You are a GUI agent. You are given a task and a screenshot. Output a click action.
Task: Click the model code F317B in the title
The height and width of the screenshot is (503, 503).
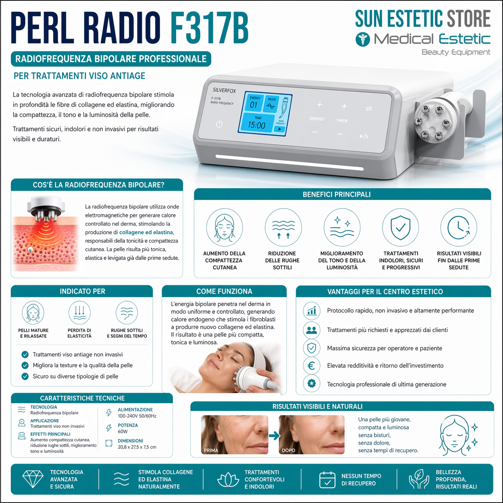(209, 28)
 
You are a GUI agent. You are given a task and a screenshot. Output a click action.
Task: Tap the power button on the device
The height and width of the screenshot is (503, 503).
(219, 124)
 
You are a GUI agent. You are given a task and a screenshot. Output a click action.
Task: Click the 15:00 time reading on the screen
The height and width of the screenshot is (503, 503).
(256, 125)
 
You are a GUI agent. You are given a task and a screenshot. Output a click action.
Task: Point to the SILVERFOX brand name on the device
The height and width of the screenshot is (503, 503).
(224, 90)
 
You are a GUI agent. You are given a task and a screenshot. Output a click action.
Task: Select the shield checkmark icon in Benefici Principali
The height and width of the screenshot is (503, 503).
(400, 227)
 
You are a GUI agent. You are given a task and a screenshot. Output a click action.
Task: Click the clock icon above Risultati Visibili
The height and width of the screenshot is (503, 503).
(458, 227)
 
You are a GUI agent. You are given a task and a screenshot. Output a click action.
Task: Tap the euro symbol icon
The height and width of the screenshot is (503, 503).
(311, 366)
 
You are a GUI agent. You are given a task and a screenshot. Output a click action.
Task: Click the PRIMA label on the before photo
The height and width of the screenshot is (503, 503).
(211, 450)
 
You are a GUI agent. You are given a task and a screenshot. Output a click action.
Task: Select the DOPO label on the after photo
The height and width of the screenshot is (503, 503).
(288, 450)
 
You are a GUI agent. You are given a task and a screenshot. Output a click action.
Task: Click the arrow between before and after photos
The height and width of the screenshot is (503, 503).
(274, 436)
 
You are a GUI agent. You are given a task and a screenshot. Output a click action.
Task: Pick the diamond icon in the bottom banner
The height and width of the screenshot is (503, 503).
(33, 479)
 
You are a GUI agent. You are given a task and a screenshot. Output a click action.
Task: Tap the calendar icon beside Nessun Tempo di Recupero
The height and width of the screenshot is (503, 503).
(327, 480)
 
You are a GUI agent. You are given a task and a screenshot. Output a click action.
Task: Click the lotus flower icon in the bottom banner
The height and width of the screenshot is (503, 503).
(228, 480)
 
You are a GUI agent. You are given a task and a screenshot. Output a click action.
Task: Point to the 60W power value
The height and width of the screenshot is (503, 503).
(123, 432)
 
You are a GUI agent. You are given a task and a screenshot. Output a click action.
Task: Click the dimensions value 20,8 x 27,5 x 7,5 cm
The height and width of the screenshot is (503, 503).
(137, 447)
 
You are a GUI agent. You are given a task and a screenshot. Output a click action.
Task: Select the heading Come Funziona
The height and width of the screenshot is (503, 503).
(224, 292)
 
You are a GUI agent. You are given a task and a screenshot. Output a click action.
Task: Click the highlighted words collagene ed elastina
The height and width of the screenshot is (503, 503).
(146, 232)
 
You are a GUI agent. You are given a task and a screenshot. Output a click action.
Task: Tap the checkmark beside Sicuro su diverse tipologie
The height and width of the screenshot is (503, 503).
(25, 376)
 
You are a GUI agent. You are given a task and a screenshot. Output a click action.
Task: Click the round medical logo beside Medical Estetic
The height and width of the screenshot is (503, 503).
(363, 39)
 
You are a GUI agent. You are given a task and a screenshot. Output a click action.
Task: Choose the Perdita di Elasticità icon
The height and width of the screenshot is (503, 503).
(79, 313)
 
